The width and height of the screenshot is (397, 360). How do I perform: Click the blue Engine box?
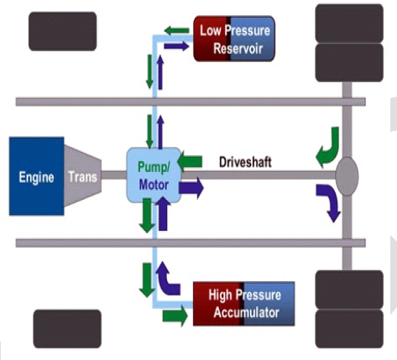point(36,177)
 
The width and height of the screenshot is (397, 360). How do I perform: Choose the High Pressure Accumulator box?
point(243,303)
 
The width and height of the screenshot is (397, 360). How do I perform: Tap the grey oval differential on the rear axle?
point(347,177)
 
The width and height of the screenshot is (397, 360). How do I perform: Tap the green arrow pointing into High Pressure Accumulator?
point(174,316)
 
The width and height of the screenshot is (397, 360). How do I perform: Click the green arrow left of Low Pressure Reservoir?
point(177,30)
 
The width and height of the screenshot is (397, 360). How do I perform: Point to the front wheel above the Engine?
point(62,31)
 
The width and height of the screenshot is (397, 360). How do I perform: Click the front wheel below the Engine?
point(66,327)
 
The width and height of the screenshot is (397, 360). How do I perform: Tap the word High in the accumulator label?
point(213,295)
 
